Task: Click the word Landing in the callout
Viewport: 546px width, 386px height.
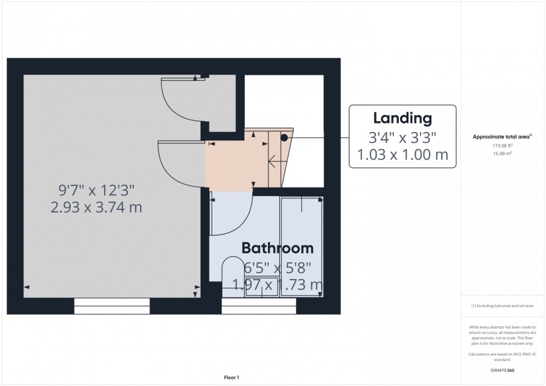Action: tap(402, 118)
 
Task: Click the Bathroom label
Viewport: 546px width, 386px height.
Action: tap(277, 248)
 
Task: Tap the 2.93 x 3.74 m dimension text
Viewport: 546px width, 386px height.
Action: tap(96, 208)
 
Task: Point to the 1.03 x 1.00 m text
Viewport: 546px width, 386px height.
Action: tap(402, 154)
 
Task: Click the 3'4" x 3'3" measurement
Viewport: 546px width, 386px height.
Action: tap(402, 136)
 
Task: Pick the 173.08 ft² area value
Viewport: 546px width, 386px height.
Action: tap(502, 145)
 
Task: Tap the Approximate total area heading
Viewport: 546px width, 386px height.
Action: tap(502, 136)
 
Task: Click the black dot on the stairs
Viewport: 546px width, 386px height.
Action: tap(284, 137)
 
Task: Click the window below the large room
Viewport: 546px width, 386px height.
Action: tap(112, 306)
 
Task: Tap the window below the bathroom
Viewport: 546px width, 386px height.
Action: tap(259, 306)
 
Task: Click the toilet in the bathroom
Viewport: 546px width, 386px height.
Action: tap(231, 273)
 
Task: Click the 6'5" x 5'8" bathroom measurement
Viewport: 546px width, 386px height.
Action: tap(277, 267)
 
